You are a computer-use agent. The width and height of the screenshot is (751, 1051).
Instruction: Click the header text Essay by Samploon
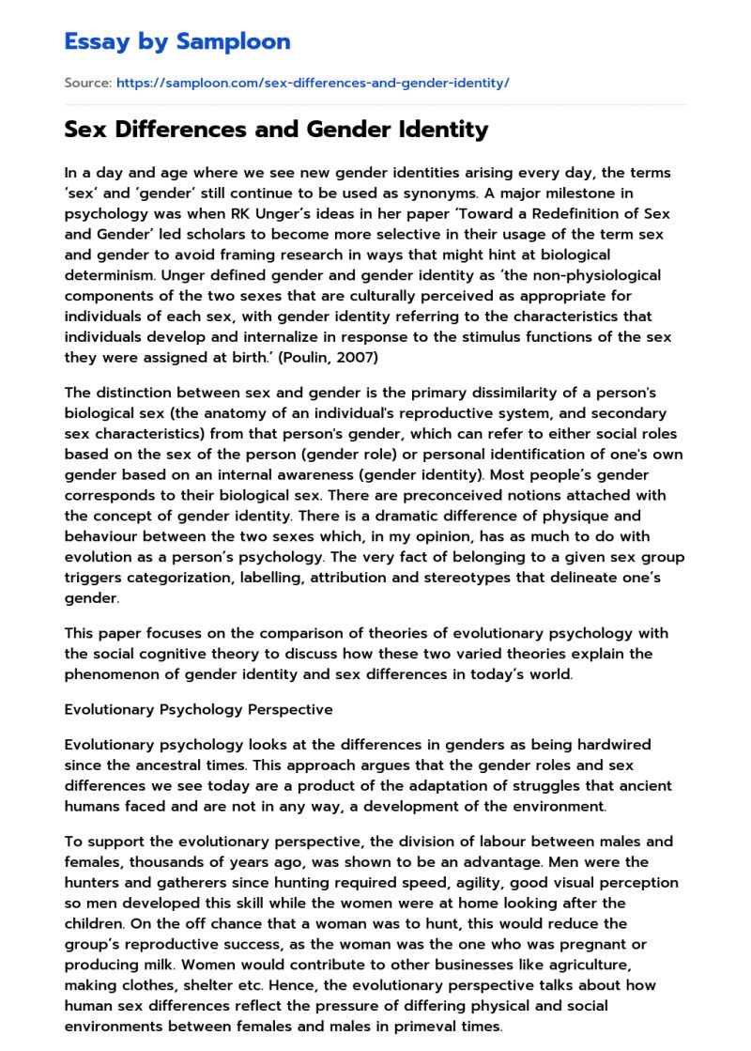click(177, 41)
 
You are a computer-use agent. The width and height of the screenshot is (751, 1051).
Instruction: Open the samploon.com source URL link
click(313, 84)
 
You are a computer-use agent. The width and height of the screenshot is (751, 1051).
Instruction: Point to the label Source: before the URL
click(87, 84)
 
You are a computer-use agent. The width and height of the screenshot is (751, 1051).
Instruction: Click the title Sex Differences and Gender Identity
click(276, 130)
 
